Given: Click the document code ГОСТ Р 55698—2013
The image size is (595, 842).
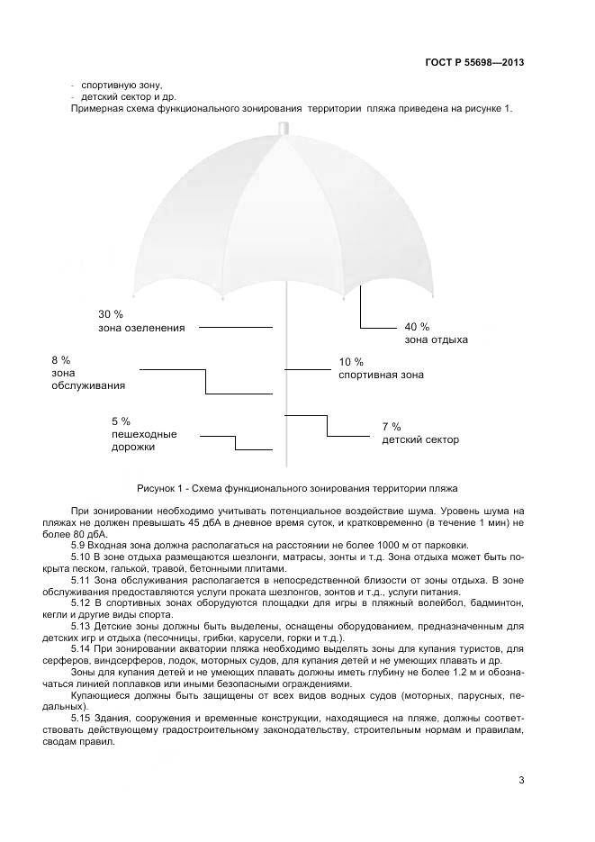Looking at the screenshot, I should click(x=474, y=63).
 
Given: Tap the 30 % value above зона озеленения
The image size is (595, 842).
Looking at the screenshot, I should click(x=111, y=314).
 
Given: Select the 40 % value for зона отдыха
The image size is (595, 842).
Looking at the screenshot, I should click(x=417, y=326).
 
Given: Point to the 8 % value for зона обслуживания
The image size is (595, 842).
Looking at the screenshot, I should click(x=61, y=360).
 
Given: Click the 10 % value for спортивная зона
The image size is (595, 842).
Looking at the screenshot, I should click(x=351, y=362).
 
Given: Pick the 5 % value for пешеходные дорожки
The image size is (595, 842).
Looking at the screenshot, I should click(x=121, y=421).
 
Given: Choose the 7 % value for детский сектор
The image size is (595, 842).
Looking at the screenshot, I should click(x=392, y=427).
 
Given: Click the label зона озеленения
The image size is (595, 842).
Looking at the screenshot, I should click(x=141, y=328).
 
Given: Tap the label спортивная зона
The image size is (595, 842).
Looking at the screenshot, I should click(x=381, y=375).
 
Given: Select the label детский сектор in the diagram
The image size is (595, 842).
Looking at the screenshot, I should click(x=420, y=440).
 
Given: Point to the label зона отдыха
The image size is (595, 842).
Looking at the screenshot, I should click(x=437, y=340).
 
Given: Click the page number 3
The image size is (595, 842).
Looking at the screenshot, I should click(x=521, y=780).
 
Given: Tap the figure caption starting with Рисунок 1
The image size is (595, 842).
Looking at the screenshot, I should click(x=297, y=488).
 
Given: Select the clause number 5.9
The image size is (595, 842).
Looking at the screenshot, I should click(x=79, y=545).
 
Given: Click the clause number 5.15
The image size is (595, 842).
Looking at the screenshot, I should click(x=82, y=717).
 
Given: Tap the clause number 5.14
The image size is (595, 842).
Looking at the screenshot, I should click(x=82, y=648).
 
